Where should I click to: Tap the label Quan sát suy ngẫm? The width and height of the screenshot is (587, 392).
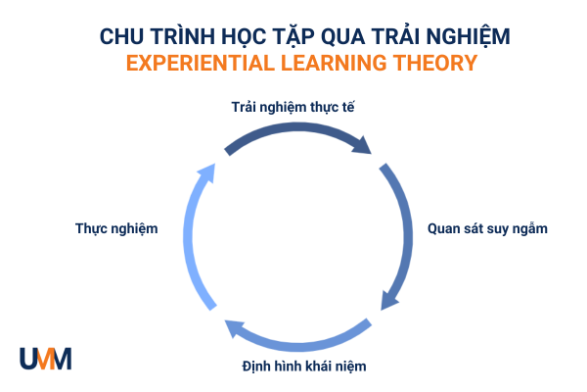487,228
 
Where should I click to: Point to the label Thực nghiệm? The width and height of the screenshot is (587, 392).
116,228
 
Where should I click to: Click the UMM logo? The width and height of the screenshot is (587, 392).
45,359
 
